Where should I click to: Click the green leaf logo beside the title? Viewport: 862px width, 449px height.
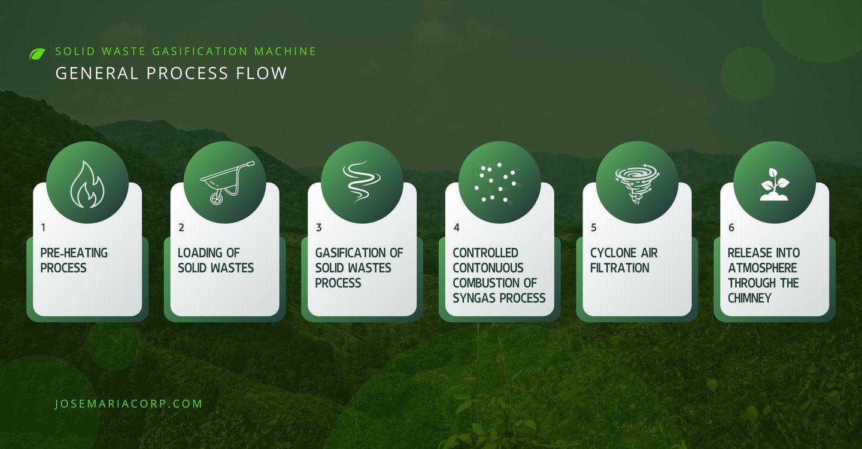37,54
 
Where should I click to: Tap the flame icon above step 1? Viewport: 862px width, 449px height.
87,184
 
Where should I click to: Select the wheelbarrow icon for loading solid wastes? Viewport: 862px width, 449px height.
227,183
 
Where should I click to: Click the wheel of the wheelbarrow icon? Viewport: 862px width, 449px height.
216,198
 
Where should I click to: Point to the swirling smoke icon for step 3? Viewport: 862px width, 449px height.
362,181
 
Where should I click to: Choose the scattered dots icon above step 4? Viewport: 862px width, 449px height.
498,183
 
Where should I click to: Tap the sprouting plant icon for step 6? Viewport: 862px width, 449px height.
774,184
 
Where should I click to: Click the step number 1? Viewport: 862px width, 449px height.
43,227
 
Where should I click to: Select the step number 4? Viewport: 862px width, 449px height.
456,227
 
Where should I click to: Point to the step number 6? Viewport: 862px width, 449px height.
731,227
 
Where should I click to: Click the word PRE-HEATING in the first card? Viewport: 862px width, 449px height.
74,253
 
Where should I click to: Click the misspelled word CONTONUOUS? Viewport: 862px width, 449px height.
488,268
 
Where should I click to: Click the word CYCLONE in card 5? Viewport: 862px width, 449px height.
612,253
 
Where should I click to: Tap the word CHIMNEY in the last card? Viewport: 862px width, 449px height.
749,298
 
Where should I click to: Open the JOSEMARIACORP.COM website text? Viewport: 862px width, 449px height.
129,404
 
